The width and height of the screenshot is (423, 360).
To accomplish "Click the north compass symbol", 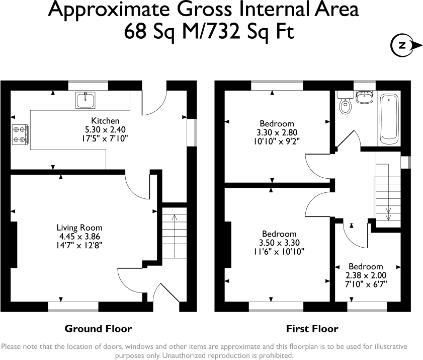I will tap(402, 45).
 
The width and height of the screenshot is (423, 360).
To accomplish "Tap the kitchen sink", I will tap(86, 100).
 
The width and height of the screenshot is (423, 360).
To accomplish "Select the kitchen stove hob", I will tap(20, 133).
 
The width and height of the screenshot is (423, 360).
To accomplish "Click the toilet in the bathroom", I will tap(345, 105).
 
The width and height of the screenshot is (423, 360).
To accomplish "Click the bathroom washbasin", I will tap(365, 97).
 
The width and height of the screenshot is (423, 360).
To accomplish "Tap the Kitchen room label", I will tap(105, 121).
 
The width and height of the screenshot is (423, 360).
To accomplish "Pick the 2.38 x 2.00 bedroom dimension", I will tap(366, 275).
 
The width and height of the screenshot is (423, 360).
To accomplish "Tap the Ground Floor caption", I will tap(98, 329).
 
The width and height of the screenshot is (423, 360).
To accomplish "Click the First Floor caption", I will tap(312, 329).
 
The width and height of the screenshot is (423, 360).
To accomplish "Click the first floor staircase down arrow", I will tap(388, 211).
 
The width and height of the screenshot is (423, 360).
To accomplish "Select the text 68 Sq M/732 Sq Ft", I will tap(209, 32).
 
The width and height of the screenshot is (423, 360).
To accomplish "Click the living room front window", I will tap(73, 306).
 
